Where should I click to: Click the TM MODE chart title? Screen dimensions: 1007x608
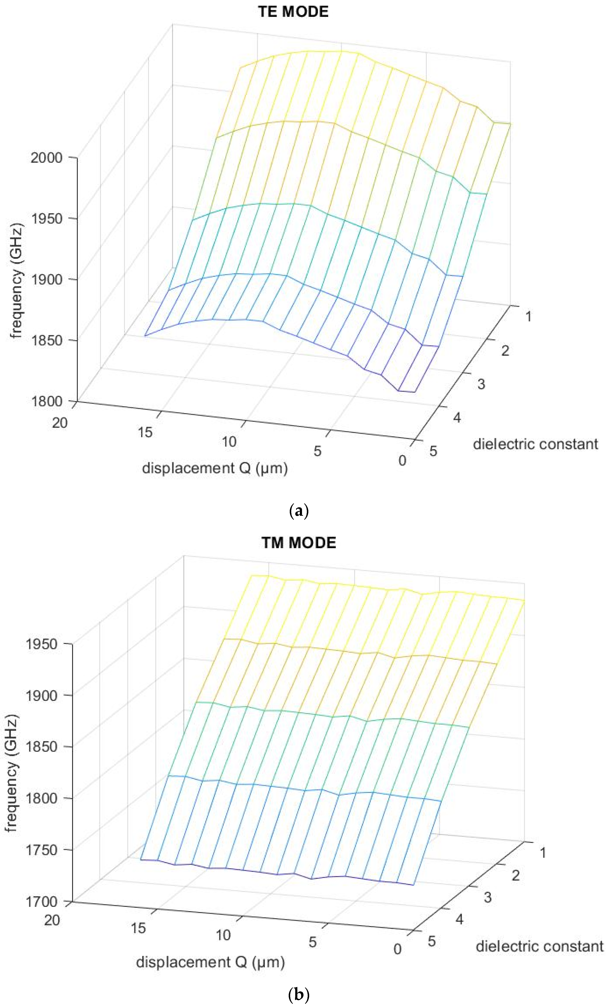(x=298, y=543)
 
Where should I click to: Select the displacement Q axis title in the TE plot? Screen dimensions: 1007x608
(x=215, y=468)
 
